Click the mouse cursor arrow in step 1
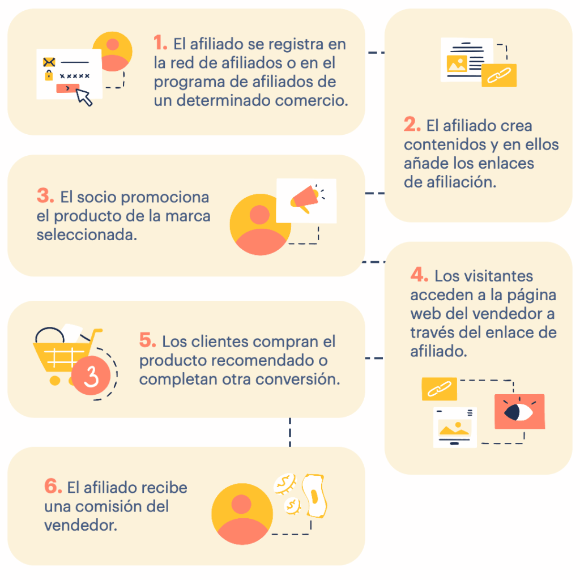pyautogui.click(x=84, y=97)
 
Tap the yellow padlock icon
pyautogui.click(x=49, y=75)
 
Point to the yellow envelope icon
pyautogui.click(x=49, y=62)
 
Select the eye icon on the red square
pyautogui.click(x=518, y=412)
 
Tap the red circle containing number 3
pyautogui.click(x=91, y=376)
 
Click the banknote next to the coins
pyautogui.click(x=314, y=496)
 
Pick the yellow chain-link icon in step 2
pyautogui.click(x=498, y=75)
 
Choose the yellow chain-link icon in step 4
pyautogui.click(x=439, y=389)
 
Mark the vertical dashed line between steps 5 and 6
pyautogui.click(x=290, y=432)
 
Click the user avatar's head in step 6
pyautogui.click(x=241, y=504)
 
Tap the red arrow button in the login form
pyautogui.click(x=68, y=88)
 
